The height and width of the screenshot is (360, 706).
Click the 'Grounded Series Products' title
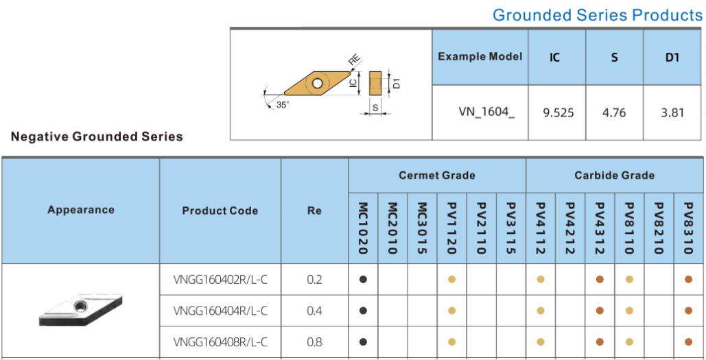[x=598, y=15]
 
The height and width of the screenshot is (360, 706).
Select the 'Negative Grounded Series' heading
[x=97, y=136]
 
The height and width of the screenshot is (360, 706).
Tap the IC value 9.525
[x=558, y=112]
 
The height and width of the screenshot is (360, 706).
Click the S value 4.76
[x=614, y=112]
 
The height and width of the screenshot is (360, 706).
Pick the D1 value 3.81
[x=672, y=112]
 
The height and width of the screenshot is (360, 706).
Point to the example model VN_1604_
[x=486, y=112]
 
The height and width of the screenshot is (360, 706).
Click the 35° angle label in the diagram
[x=282, y=106]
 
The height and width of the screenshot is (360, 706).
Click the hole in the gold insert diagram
[x=318, y=83]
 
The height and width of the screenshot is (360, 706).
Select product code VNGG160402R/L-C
[x=220, y=280]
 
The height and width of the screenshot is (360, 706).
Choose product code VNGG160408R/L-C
[x=220, y=342]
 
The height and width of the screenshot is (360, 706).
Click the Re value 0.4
[x=314, y=311]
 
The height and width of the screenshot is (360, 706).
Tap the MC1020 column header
[x=364, y=228]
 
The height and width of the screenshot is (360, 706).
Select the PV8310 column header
[x=688, y=228]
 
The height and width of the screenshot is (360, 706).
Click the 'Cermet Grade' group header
[x=437, y=176]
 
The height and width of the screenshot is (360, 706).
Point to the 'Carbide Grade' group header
[x=615, y=176]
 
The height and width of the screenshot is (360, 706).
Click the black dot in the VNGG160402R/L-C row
[x=364, y=280]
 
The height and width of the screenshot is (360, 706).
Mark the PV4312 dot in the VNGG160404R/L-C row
[x=600, y=311]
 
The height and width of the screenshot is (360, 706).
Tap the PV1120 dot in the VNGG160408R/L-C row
[x=452, y=342]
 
